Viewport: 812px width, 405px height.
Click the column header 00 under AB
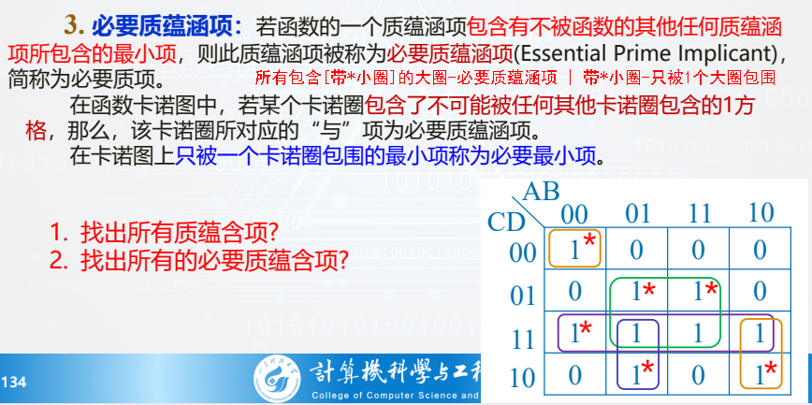[574, 213]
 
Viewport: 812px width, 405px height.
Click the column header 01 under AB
[637, 213]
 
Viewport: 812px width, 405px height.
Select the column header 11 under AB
[699, 213]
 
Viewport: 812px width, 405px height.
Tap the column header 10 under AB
[761, 213]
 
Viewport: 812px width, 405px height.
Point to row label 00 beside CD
[524, 252]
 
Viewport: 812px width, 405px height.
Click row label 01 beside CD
[524, 295]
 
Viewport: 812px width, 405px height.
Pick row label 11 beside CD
[524, 337]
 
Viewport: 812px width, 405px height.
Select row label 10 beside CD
[524, 378]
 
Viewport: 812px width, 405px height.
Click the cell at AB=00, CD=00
[574, 249]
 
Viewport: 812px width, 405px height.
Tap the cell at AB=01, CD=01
[637, 292]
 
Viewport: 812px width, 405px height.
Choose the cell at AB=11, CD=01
[699, 292]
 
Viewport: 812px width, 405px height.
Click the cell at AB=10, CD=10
[761, 375]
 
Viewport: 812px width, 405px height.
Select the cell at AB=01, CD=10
[637, 375]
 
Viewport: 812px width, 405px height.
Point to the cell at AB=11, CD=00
[699, 250]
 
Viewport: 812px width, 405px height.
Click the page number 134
[14, 383]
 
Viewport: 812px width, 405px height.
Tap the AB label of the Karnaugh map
[542, 193]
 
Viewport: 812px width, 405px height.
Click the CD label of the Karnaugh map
[506, 223]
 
